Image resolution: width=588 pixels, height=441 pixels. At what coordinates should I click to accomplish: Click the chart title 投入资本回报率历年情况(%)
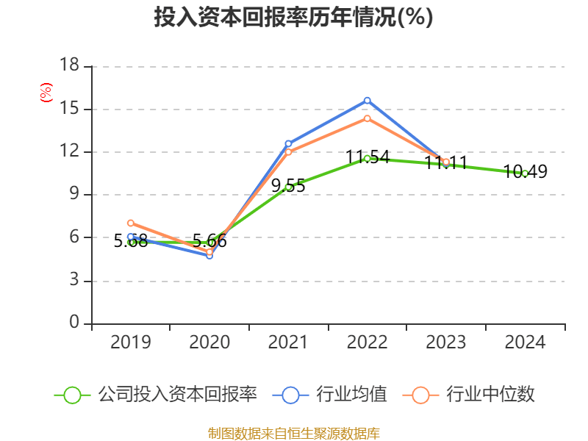(293, 18)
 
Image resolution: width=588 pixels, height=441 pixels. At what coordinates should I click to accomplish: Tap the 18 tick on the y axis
(69, 67)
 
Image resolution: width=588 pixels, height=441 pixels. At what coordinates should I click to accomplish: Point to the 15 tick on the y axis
(69, 110)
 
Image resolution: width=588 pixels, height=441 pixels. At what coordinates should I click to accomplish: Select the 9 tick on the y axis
(73, 195)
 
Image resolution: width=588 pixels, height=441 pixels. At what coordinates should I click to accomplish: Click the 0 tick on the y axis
(73, 323)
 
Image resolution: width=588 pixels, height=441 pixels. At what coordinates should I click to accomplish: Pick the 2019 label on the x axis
(131, 342)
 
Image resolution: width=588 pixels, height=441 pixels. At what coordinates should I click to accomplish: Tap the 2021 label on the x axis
(288, 342)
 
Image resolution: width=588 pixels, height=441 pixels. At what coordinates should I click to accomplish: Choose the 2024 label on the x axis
(525, 342)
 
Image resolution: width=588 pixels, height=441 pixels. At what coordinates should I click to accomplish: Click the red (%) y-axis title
(46, 93)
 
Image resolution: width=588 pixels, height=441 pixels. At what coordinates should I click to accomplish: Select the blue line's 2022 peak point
(367, 100)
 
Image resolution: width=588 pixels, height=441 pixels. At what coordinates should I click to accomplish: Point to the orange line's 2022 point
(367, 118)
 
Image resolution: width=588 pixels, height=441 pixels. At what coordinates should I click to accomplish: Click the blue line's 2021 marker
(288, 143)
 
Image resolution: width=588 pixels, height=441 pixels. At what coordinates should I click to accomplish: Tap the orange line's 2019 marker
(131, 223)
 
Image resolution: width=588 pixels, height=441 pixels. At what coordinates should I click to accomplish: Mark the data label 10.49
(525, 172)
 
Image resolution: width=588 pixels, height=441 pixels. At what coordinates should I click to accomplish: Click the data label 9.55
(288, 186)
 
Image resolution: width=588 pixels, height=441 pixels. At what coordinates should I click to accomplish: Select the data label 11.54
(367, 157)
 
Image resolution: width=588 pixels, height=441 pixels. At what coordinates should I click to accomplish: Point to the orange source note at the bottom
(293, 433)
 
